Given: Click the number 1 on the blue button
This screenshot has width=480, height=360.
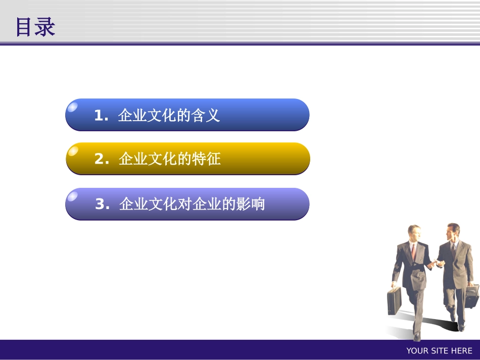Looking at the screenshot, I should [x=99, y=116].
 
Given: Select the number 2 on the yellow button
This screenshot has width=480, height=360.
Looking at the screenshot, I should [x=99, y=160].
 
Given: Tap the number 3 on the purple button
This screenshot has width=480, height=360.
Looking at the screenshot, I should [x=100, y=204].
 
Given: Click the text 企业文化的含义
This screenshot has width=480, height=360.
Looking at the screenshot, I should [x=169, y=116].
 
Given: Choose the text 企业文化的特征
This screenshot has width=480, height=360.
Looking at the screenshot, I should [x=170, y=160].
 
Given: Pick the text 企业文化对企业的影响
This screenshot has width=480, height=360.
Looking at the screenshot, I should [x=192, y=204].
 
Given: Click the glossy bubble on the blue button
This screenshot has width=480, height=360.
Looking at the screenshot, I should [x=73, y=107].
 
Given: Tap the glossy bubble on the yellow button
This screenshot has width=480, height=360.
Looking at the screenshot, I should [x=73, y=150].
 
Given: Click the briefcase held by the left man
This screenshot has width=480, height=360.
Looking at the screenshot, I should [x=394, y=301].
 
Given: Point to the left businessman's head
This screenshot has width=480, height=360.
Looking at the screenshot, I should [x=414, y=234].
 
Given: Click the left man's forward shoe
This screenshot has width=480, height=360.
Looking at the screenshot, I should [x=416, y=336].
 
